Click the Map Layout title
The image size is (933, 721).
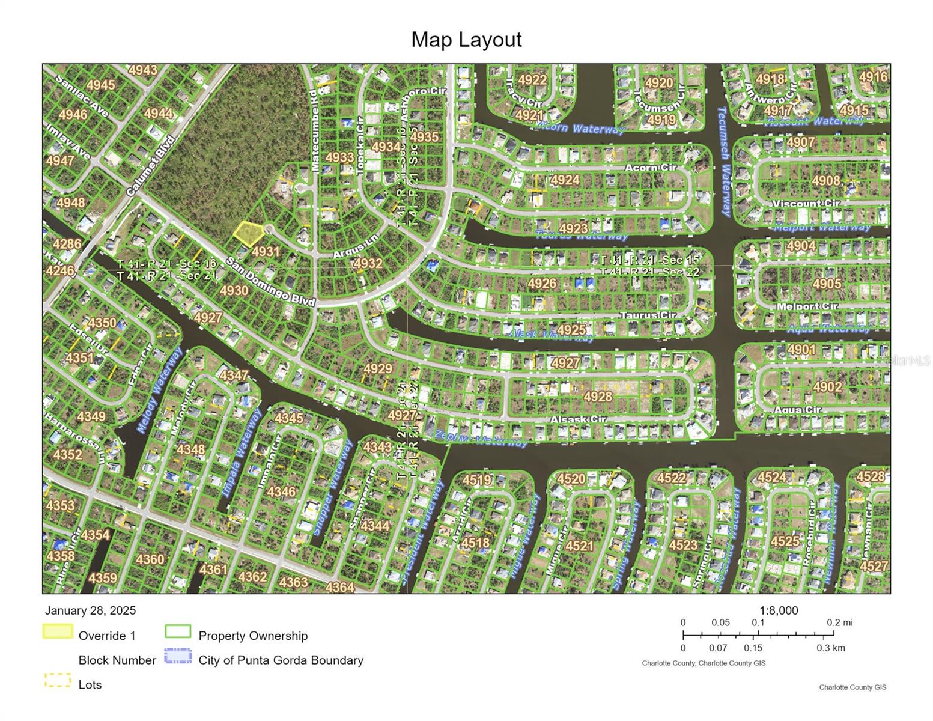[x=466, y=40]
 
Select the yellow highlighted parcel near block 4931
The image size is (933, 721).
[x=247, y=233]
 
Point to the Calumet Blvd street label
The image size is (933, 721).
[x=151, y=166]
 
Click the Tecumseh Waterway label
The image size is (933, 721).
[x=723, y=161]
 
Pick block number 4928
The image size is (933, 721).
[x=598, y=396]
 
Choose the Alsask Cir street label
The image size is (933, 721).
[x=578, y=419]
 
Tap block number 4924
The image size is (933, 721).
[x=565, y=180]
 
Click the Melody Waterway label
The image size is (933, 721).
[x=159, y=390]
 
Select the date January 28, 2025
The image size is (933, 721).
[x=90, y=610]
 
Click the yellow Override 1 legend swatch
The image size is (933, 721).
[x=58, y=632]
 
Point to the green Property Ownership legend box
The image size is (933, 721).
[x=178, y=632]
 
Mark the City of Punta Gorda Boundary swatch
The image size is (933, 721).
[x=178, y=656]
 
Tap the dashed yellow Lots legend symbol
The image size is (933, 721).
[x=58, y=681]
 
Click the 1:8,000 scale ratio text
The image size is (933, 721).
[x=779, y=610]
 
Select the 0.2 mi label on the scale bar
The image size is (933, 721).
[x=839, y=622]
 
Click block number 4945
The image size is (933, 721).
[x=100, y=85]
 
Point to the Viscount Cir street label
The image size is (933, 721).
[x=806, y=203]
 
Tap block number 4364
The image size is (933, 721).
[x=339, y=586]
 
